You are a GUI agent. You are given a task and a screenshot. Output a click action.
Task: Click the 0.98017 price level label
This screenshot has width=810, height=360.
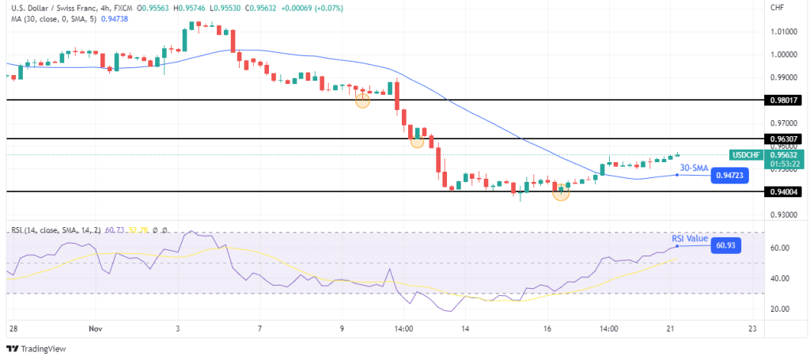[x=782, y=101]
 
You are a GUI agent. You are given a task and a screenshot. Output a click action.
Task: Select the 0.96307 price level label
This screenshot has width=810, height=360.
[x=782, y=138]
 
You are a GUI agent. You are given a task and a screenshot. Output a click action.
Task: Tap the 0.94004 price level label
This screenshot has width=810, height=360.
[x=782, y=191]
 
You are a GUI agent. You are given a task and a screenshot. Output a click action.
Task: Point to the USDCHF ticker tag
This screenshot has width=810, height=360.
[x=747, y=155]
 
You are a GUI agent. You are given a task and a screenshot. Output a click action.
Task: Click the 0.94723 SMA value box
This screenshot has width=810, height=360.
[x=729, y=175]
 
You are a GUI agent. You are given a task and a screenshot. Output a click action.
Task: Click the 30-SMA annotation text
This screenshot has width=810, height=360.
[x=693, y=167]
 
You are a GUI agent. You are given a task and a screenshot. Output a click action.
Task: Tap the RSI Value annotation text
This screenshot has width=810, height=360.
[x=690, y=237]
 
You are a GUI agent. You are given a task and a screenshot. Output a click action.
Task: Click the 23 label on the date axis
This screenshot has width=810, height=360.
[x=752, y=327]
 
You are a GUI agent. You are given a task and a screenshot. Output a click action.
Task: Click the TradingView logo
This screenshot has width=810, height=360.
[x=38, y=349]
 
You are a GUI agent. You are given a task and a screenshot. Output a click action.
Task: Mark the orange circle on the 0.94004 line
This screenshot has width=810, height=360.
[x=561, y=191]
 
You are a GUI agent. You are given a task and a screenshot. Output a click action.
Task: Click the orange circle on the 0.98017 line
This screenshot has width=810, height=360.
[x=362, y=100]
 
